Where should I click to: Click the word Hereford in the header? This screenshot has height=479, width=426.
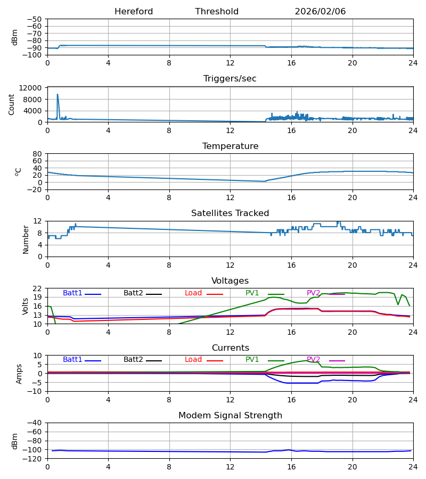tap(134, 12)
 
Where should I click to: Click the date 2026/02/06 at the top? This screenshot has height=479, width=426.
tap(320, 12)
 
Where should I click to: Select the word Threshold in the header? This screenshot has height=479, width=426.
tap(217, 12)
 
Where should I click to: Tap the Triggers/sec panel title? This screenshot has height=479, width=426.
tap(230, 79)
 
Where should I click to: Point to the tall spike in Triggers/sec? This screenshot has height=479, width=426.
tap(58, 95)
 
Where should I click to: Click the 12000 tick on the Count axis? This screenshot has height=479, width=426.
tap(34, 88)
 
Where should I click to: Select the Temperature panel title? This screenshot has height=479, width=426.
tap(230, 146)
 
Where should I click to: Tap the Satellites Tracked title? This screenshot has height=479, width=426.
tap(230, 213)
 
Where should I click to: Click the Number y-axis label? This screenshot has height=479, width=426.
tap(26, 239)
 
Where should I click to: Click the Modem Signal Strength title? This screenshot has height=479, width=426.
tap(230, 416)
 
